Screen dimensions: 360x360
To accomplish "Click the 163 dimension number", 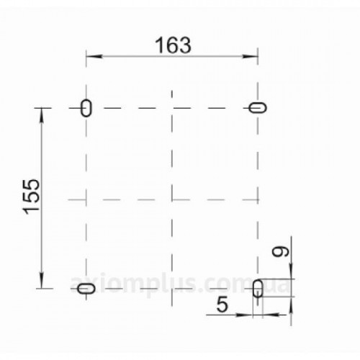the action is pos(173,45).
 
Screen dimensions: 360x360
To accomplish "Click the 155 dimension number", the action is pos(31,197).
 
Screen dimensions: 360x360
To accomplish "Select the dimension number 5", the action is pos(222,304).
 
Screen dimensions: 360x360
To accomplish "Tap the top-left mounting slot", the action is pos(86,108).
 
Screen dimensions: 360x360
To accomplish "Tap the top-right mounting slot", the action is pos(258,108).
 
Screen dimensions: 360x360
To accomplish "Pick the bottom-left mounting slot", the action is pos(86,288).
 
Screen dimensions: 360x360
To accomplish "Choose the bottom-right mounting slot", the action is pos(258,288).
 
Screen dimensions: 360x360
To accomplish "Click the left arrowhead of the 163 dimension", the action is pos(94,56).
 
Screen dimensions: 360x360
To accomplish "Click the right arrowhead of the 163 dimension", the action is pos(250,56).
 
